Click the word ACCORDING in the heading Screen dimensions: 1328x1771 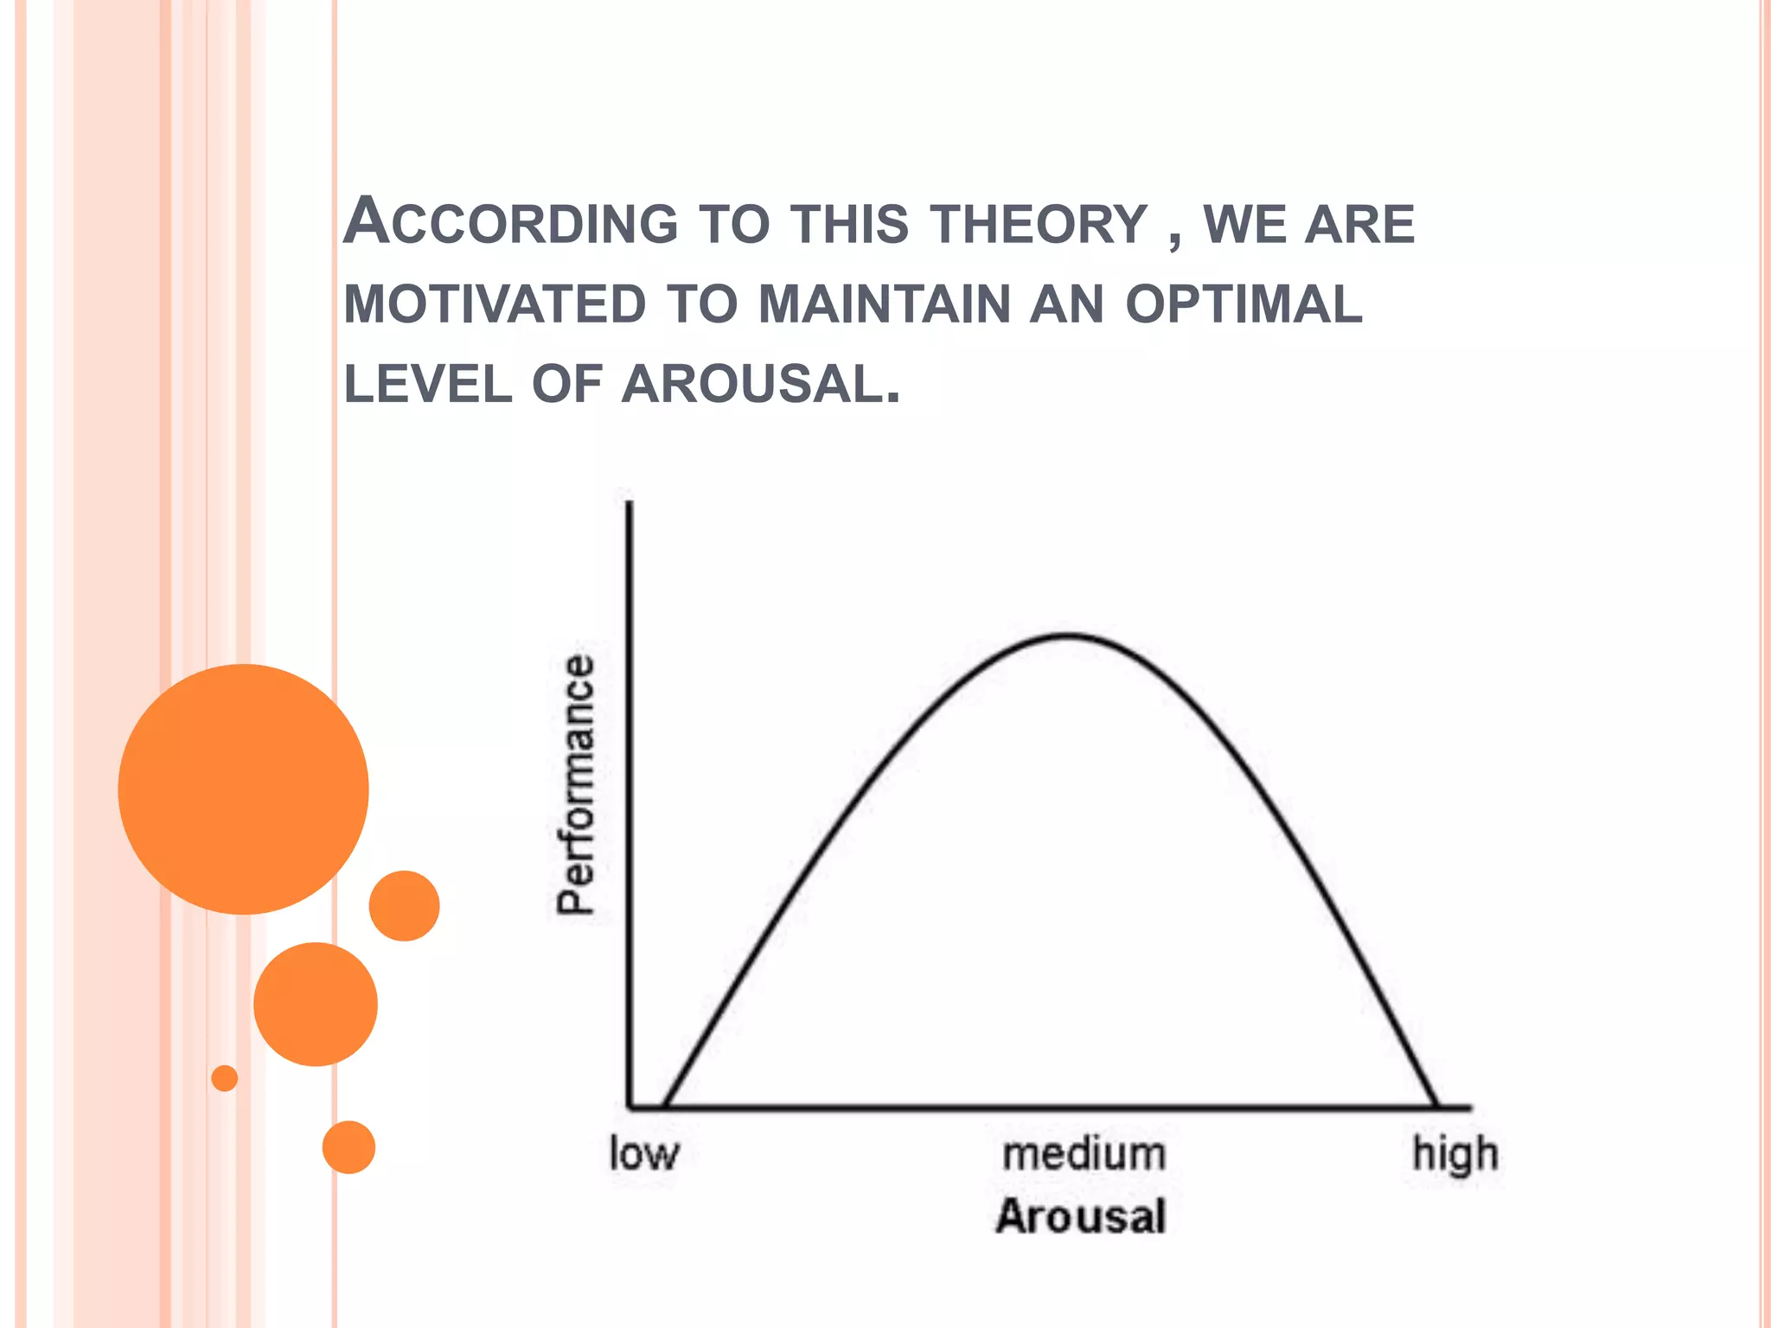coord(511,222)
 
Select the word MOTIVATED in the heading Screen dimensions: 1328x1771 coord(495,304)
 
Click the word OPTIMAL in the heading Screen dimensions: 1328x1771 coord(1244,304)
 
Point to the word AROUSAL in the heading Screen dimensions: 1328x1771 coord(760,384)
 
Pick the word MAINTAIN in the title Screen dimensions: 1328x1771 coord(885,304)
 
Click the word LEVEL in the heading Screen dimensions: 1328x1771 coord(428,384)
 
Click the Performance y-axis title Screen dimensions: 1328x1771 coord(576,784)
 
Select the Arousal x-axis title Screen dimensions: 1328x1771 coord(1081,1216)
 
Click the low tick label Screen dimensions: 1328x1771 coord(644,1153)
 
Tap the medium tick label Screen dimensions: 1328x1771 coord(1084,1153)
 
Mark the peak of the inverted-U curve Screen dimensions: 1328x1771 coord(1069,636)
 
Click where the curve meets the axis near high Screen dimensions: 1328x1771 coord(1436,1105)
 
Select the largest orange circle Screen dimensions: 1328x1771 coord(243,788)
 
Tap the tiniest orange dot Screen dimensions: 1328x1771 coord(225,1078)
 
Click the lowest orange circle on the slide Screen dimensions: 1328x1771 coord(348,1147)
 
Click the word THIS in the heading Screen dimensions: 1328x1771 coord(850,224)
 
